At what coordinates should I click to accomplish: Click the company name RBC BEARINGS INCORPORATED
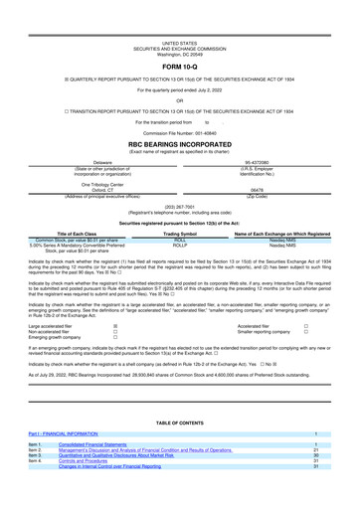point(179,144)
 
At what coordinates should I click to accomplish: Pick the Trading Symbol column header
point(180,234)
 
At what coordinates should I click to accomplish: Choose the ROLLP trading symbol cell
point(180,246)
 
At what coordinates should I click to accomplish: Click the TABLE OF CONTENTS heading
point(179,423)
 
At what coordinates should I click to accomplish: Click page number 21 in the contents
point(315,450)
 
